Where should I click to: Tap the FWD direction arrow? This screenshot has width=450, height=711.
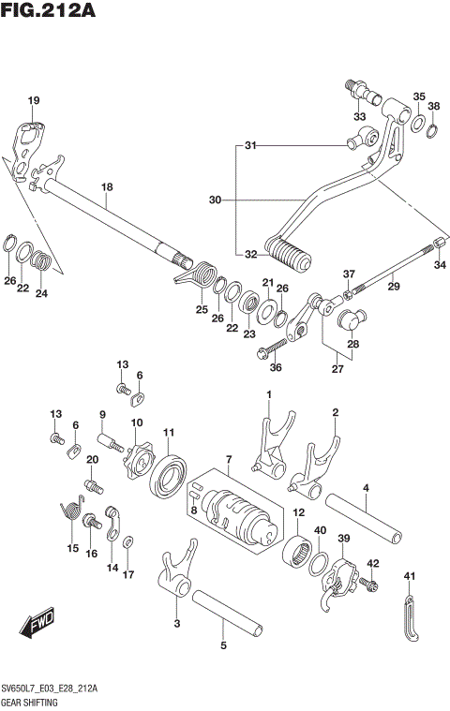click(x=37, y=623)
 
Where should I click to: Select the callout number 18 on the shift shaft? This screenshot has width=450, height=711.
click(x=106, y=188)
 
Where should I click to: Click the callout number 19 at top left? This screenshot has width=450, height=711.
click(x=33, y=101)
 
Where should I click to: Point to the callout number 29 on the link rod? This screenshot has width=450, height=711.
click(x=394, y=286)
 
